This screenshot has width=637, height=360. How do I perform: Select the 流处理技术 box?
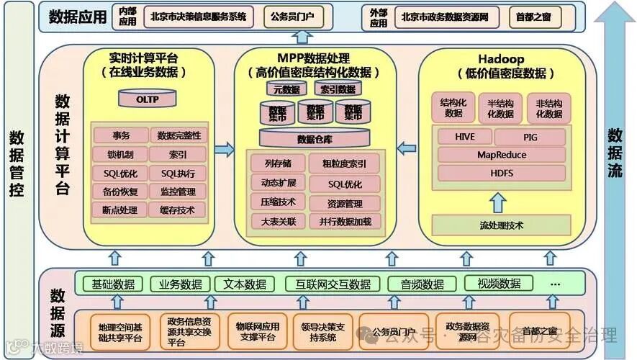pyautogui.click(x=501, y=225)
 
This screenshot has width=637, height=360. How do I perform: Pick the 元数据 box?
pyautogui.click(x=286, y=89)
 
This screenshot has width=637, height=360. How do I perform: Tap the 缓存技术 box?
pyautogui.click(x=178, y=210)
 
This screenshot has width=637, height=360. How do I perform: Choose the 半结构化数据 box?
pyautogui.click(x=500, y=108)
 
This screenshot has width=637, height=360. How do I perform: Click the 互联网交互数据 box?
pyautogui.click(x=328, y=284)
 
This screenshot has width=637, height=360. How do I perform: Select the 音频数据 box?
pyautogui.click(x=422, y=284)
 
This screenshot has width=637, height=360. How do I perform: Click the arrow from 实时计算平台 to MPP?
pyautogui.click(x=225, y=150)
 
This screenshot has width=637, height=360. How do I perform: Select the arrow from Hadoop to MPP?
pyautogui.click(x=407, y=149)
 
